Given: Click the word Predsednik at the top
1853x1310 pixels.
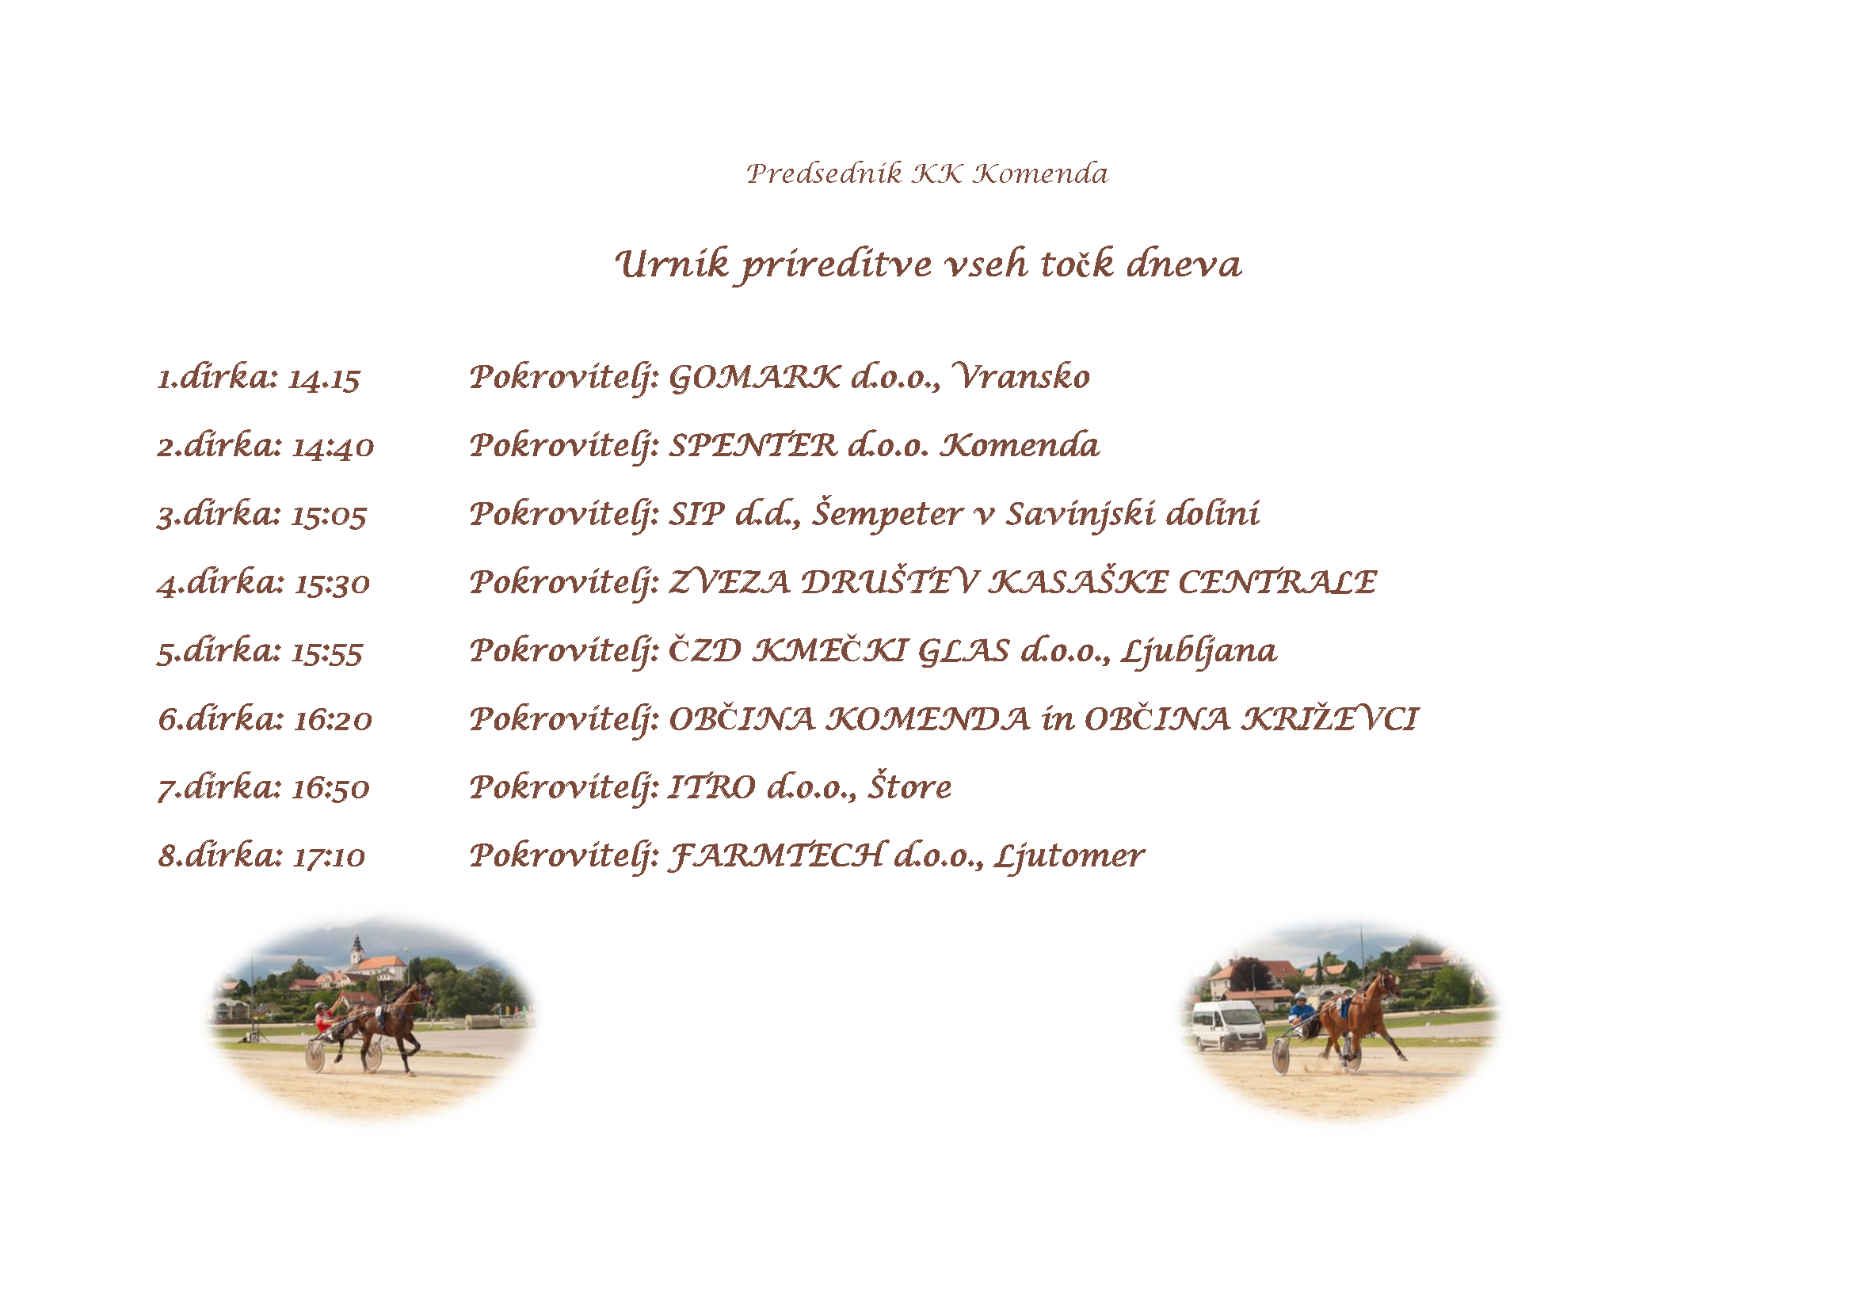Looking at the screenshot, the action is click(x=824, y=173).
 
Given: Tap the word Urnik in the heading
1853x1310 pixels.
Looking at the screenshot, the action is click(x=672, y=264).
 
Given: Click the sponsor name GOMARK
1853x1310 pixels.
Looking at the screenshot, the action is click(x=755, y=377).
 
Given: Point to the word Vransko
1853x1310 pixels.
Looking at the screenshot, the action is click(x=1021, y=376).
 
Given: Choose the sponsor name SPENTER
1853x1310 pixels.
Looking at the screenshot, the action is click(x=753, y=445).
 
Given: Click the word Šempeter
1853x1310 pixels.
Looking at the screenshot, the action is click(x=887, y=514).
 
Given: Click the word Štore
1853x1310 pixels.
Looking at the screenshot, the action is click(x=909, y=786).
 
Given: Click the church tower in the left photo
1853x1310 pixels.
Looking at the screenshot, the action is click(x=356, y=951).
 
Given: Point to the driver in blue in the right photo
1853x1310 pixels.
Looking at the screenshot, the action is click(x=1302, y=1015).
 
